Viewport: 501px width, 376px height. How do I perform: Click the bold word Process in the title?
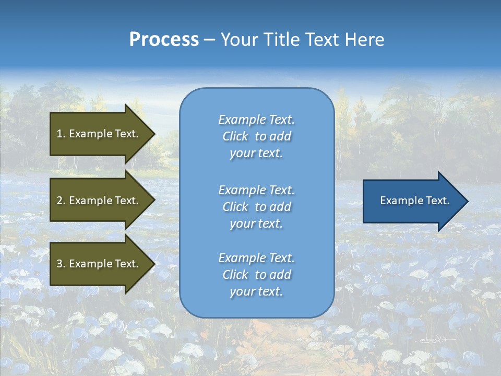pyautogui.click(x=164, y=40)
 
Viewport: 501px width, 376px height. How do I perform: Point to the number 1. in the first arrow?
pyautogui.click(x=61, y=134)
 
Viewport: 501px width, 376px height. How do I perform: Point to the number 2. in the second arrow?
pyautogui.click(x=61, y=201)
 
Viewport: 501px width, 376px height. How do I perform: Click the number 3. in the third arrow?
pyautogui.click(x=61, y=264)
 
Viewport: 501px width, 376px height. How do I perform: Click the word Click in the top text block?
pyautogui.click(x=235, y=136)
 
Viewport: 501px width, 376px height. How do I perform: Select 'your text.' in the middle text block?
pyautogui.click(x=256, y=224)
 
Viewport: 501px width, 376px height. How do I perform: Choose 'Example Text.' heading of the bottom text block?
pyautogui.click(x=256, y=258)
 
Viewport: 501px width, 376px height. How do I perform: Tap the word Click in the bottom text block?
pyautogui.click(x=235, y=275)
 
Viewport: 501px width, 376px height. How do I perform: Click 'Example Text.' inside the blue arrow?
pyautogui.click(x=414, y=201)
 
